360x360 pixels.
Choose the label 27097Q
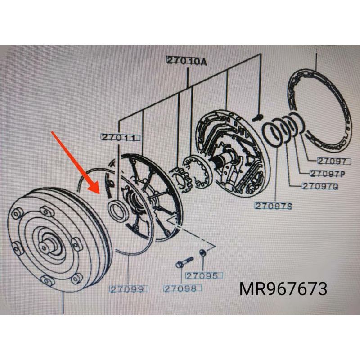[x=320, y=186]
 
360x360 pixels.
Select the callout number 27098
[x=180, y=288]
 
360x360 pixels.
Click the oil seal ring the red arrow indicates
[x=117, y=210]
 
